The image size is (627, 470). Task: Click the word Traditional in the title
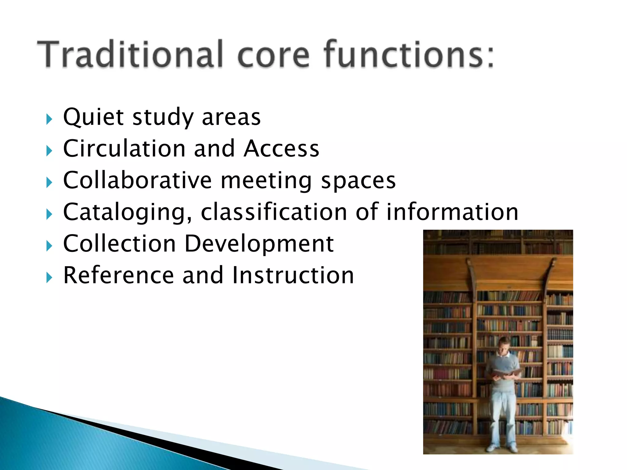point(130,54)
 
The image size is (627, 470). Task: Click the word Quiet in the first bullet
point(93,117)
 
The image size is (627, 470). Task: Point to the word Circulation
point(124,149)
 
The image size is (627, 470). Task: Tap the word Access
point(281,149)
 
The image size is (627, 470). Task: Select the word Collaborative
point(137,180)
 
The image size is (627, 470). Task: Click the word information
point(452,212)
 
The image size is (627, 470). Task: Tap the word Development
point(259,244)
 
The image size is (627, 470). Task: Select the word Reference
point(118,275)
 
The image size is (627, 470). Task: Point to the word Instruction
point(293,275)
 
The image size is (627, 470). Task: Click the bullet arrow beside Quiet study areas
point(49,119)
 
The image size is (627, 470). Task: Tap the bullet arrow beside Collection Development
point(49,246)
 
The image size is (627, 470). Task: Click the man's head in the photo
point(504,346)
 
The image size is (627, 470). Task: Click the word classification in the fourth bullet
point(274,212)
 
